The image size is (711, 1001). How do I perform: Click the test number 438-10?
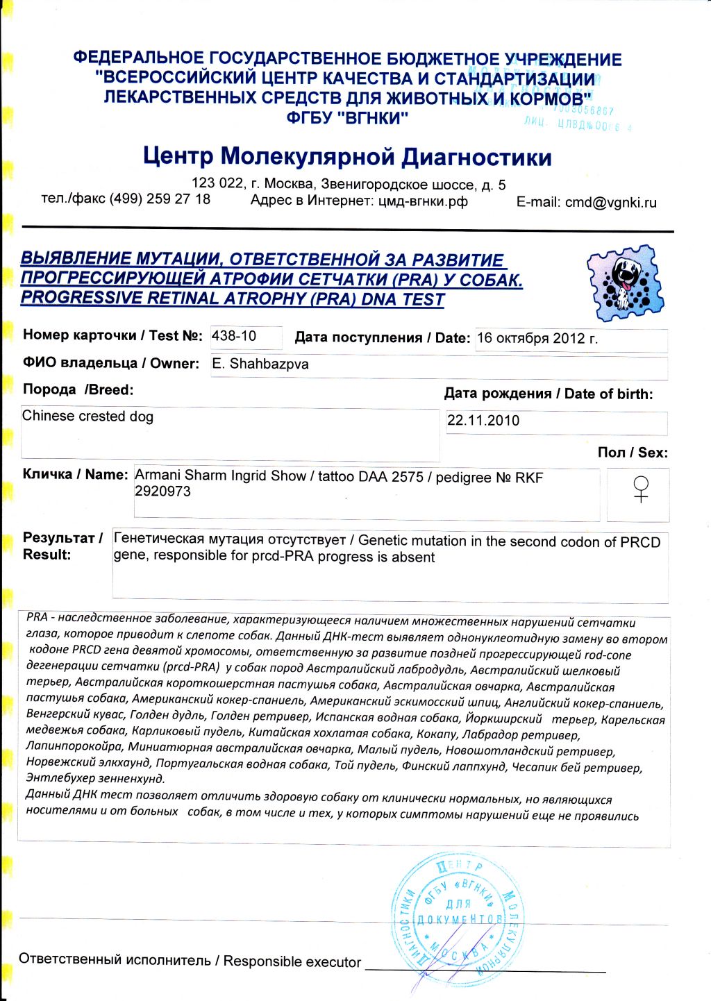[x=234, y=337]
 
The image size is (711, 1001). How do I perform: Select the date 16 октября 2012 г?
[x=537, y=339]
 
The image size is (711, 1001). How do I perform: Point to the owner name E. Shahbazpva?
[x=260, y=364]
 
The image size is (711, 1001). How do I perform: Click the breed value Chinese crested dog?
[x=87, y=417]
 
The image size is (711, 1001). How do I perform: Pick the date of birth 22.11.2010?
[x=483, y=421]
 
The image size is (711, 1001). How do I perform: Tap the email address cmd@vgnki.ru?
[x=610, y=203]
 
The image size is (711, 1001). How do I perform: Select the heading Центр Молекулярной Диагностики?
[x=347, y=157]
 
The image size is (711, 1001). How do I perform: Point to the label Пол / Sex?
[x=632, y=453]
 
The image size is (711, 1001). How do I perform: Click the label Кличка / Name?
[x=75, y=475]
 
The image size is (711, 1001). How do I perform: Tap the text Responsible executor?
[x=292, y=961]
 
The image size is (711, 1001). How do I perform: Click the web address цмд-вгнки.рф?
[x=423, y=201]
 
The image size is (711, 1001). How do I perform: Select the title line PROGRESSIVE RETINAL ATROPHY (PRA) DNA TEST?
[x=233, y=299]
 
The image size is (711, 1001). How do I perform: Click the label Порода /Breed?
[x=78, y=390]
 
